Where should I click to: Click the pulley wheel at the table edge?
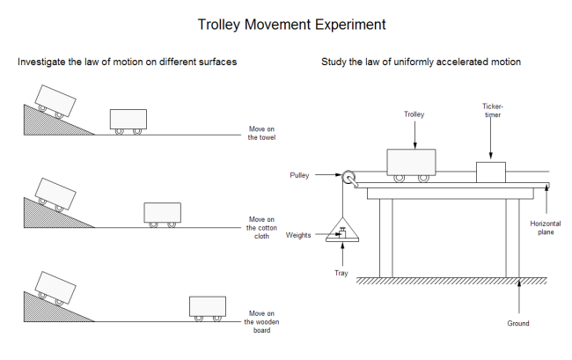point(350,179)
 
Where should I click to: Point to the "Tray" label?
point(341,273)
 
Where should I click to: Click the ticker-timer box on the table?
point(491,171)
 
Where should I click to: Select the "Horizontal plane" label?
point(546,227)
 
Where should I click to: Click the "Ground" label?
point(519,323)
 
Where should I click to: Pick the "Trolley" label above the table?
point(414,114)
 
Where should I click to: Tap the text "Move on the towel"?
point(262,133)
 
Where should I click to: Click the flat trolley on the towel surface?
point(128,120)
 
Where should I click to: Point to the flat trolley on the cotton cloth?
point(162,214)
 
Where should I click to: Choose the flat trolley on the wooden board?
point(208,307)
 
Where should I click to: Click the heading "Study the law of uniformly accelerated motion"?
point(422,62)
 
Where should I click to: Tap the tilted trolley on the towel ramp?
point(54,100)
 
